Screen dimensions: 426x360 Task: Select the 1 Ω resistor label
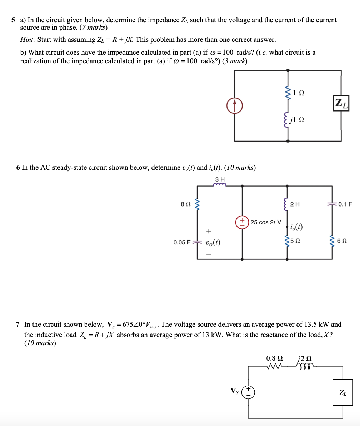click(x=299, y=93)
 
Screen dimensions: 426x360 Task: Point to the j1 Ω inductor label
click(x=297, y=120)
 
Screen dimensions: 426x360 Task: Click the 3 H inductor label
click(x=220, y=179)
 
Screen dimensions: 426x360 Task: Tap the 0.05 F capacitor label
click(x=182, y=243)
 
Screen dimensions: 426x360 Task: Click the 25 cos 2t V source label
click(x=266, y=222)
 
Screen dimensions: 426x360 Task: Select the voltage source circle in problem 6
click(x=242, y=222)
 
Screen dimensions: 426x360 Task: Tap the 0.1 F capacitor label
click(x=345, y=204)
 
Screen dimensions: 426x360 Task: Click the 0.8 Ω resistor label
click(x=275, y=358)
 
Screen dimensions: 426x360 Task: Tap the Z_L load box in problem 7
click(x=342, y=392)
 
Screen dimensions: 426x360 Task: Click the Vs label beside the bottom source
click(x=234, y=391)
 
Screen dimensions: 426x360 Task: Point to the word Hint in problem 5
click(x=27, y=39)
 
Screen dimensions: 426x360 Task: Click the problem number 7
click(x=17, y=325)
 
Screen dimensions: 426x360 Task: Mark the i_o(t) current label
click(x=297, y=227)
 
